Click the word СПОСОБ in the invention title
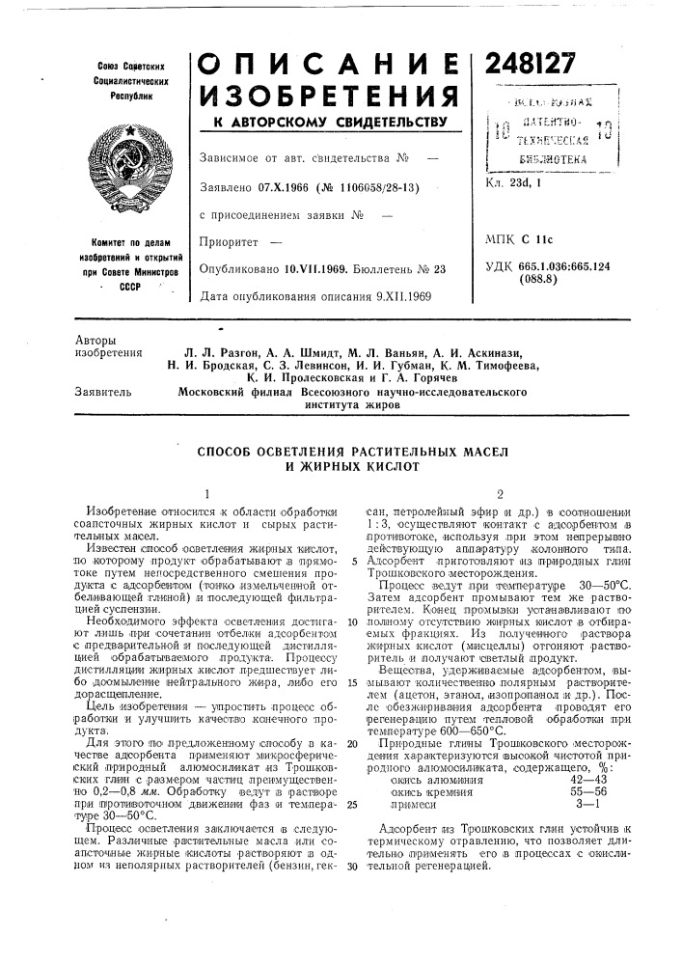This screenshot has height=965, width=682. click(x=229, y=452)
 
